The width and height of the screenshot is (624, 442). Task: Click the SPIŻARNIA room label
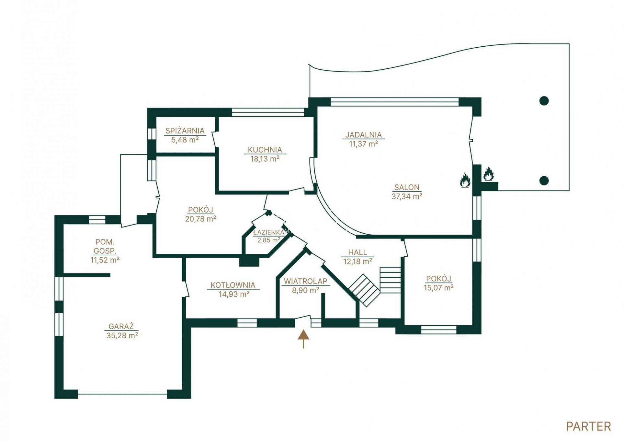185,131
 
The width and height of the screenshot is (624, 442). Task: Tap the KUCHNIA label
265,150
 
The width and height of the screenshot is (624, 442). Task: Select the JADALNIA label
363,135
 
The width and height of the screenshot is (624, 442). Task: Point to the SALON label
406,187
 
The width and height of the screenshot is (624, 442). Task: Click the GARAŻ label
121,326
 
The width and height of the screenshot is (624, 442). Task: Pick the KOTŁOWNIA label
233,285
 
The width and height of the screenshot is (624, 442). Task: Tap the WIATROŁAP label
305,281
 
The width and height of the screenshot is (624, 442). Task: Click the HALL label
357,252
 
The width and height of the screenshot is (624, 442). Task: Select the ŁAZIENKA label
268,232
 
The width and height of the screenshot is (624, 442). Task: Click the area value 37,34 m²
407,196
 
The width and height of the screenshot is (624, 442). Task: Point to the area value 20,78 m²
200,219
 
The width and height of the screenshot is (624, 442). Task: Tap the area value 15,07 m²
438,287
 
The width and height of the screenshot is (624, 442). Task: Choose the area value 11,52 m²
105,260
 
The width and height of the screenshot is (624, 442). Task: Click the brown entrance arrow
303,339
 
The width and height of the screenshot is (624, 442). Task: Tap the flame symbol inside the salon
465,180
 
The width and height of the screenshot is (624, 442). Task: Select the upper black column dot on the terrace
544,101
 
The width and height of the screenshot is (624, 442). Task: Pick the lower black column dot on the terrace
544,180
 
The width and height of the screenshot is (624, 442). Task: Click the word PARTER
588,426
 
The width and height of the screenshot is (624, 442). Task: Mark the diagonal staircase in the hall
364,290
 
